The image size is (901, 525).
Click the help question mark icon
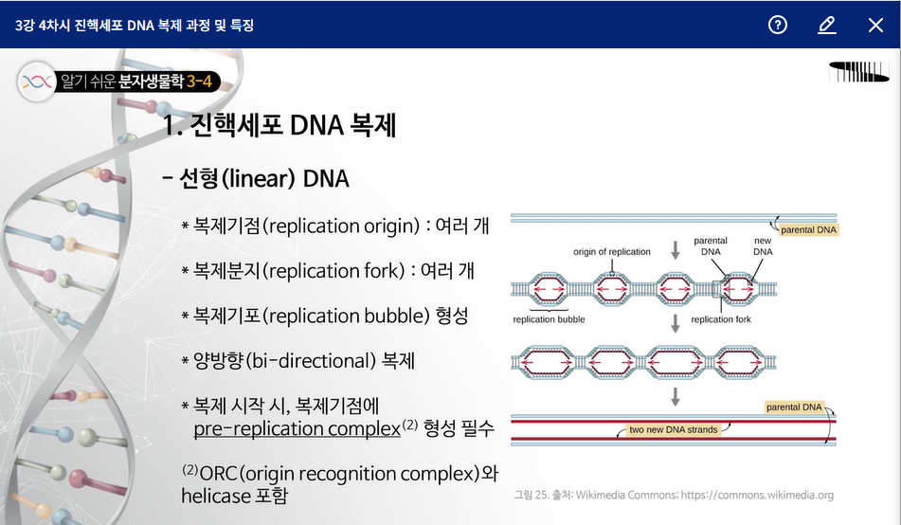click(x=778, y=25)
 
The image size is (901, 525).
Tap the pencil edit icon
click(x=826, y=25)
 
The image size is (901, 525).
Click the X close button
click(x=875, y=25)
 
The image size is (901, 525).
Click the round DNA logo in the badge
click(x=37, y=81)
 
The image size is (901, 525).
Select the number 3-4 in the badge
click(x=199, y=81)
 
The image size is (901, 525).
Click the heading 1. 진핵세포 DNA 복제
click(x=279, y=125)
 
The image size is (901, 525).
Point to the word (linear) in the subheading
click(x=259, y=178)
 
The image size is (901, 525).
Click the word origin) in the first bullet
click(x=392, y=226)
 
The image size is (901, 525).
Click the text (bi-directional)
click(x=311, y=360)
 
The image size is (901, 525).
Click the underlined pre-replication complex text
click(x=297, y=429)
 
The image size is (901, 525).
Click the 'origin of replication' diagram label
click(x=612, y=252)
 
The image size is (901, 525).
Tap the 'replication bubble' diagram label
click(x=549, y=319)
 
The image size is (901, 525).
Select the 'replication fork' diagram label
click(x=721, y=319)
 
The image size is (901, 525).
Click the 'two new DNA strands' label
click(x=674, y=429)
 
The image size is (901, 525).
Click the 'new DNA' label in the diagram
click(x=763, y=246)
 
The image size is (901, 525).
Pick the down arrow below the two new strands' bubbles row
click(x=676, y=397)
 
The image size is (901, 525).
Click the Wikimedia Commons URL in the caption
click(x=757, y=495)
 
